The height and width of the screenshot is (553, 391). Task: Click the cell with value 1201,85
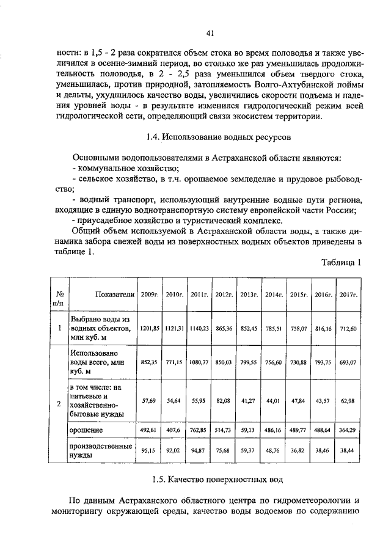[149, 328]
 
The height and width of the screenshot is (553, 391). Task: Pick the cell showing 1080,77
[199, 362]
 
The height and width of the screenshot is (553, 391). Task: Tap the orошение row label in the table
[86, 430]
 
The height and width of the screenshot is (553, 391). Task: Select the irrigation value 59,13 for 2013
[249, 430]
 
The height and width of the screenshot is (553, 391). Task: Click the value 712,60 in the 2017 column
[348, 328]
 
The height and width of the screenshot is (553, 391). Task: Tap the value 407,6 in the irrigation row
[174, 430]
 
